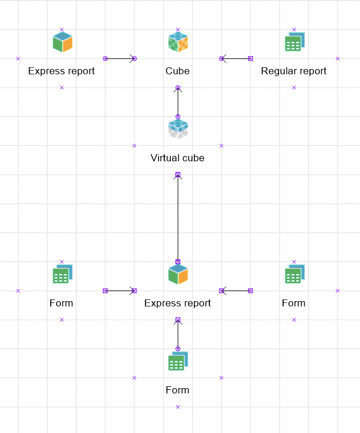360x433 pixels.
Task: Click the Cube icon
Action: (177, 43)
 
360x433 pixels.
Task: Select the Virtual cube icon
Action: (177, 129)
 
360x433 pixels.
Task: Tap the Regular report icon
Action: (294, 41)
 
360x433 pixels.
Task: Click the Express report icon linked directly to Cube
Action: (61, 42)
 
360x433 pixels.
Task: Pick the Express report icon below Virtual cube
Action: (177, 274)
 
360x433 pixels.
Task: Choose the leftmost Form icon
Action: (61, 275)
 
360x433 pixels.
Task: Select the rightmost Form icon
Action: (294, 275)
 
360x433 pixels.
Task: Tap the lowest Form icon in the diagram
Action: (177, 361)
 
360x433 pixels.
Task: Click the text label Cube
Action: (177, 71)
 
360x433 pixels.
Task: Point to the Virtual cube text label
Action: (177, 158)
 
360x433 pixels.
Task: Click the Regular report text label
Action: (294, 71)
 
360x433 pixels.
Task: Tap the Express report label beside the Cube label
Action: (61, 71)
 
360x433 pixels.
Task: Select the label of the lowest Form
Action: (177, 390)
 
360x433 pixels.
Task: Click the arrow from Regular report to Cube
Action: (236, 58)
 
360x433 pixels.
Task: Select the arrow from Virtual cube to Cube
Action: (177, 102)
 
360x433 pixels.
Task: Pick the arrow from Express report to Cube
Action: (120, 58)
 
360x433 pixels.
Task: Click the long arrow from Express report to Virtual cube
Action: (177, 218)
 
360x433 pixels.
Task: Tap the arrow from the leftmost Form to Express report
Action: (120, 291)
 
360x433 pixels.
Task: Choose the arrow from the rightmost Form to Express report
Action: (236, 291)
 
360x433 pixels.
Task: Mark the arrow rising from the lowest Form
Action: (177, 334)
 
